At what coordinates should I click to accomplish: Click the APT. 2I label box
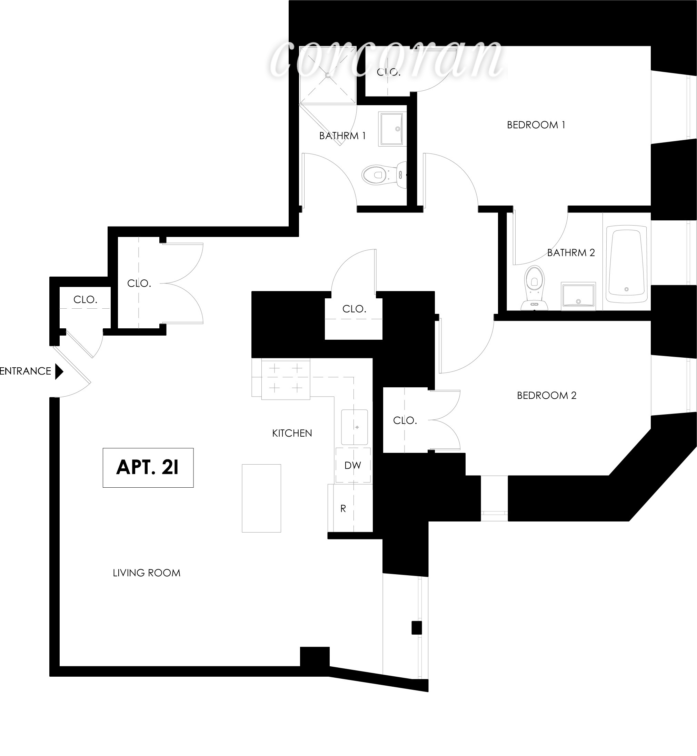[148, 467]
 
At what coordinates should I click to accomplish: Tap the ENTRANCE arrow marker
[59, 371]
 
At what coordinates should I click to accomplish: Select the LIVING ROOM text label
[147, 573]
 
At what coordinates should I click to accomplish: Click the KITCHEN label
[292, 433]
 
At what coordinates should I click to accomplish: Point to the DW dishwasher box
[353, 465]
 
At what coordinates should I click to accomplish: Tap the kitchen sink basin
[355, 427]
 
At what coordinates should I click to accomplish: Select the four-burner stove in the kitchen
[286, 378]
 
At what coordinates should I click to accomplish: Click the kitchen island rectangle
[261, 498]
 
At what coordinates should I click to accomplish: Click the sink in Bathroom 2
[578, 296]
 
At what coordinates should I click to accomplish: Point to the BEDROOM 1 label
[536, 125]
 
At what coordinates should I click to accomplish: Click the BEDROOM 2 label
[547, 395]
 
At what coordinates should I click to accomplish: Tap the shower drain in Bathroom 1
[328, 76]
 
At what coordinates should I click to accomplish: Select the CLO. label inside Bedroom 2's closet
[405, 420]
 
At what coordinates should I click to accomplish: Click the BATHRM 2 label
[571, 252]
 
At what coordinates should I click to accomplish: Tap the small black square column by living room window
[416, 628]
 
